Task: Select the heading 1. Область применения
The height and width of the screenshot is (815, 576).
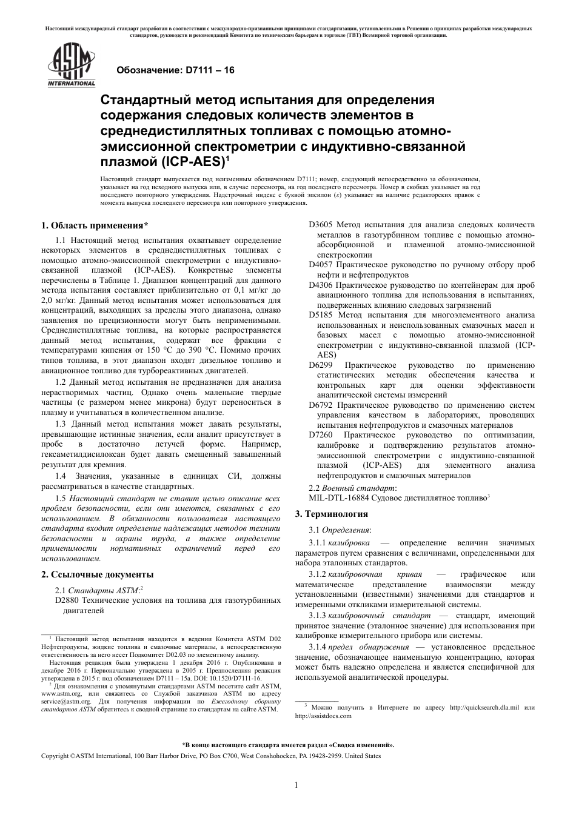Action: point(95,226)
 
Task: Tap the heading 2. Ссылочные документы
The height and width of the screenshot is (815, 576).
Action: point(97,574)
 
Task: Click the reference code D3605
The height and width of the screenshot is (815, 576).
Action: point(320,225)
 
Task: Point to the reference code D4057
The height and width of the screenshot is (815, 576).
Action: point(320,265)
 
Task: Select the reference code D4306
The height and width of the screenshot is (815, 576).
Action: point(320,285)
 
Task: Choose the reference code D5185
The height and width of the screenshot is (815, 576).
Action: point(320,315)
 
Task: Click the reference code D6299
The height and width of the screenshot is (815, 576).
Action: point(320,365)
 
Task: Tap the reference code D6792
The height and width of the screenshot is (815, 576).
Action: point(320,405)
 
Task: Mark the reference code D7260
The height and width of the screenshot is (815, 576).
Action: point(320,435)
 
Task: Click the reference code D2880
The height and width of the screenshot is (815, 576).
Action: point(67,600)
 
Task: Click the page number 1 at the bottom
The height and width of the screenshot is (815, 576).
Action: point(295,785)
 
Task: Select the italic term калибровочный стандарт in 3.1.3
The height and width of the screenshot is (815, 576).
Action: point(380,616)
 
